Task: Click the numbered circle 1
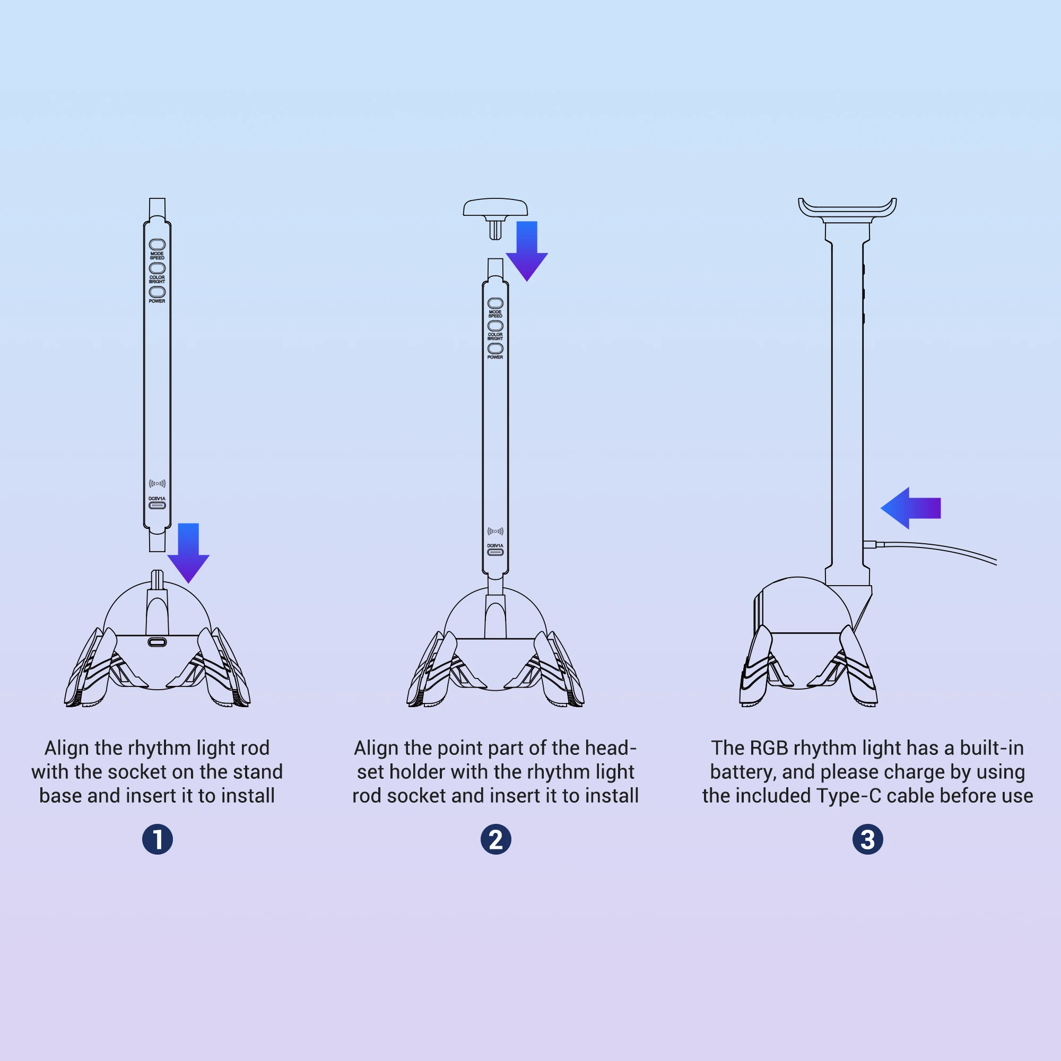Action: (158, 839)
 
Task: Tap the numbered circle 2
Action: (495, 839)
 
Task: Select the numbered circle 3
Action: (867, 839)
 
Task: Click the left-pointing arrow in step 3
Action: (910, 508)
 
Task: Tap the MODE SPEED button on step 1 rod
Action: (157, 244)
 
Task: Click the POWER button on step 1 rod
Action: (157, 292)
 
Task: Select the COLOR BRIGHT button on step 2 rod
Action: (495, 326)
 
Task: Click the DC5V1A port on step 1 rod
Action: (157, 505)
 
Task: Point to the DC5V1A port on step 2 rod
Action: (495, 552)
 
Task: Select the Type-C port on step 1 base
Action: (158, 642)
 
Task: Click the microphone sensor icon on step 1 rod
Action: (157, 483)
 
